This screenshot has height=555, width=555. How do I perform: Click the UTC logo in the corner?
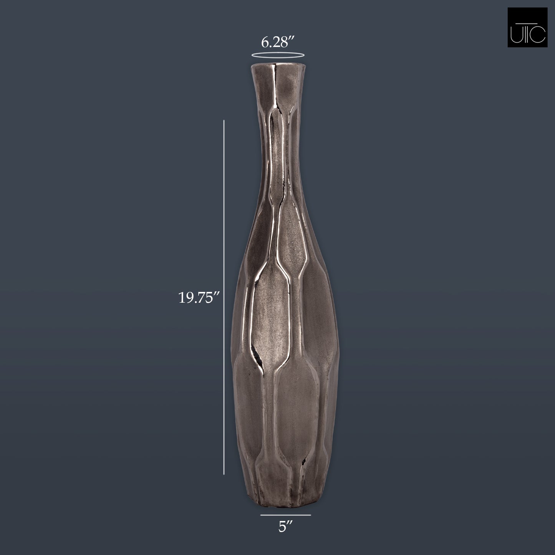coord(527,28)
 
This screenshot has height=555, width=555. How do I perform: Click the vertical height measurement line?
coord(224,298)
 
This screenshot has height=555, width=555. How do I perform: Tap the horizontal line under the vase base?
coord(285,515)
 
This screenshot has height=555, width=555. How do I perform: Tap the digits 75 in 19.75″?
coord(207,298)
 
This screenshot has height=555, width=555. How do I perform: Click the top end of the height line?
coord(224,120)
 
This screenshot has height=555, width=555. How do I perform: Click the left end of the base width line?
coord(261,515)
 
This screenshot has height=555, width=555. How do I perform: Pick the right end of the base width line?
coord(310,515)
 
